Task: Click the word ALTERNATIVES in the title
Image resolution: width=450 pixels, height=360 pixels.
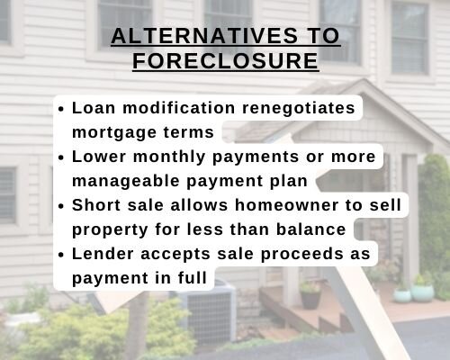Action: pyautogui.click(x=204, y=36)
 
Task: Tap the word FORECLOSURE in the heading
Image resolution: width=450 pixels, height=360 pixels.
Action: pyautogui.click(x=226, y=61)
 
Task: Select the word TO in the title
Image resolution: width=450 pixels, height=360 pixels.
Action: pyautogui.click(x=324, y=36)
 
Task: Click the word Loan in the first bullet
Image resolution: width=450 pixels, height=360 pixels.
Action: pyautogui.click(x=94, y=108)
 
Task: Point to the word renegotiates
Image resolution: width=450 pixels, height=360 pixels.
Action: pyautogui.click(x=299, y=108)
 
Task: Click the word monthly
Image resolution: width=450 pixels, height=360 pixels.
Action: pyautogui.click(x=169, y=157)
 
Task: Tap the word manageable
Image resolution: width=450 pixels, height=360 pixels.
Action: pyautogui.click(x=126, y=182)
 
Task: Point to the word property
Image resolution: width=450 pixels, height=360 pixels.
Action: pyautogui.click(x=110, y=230)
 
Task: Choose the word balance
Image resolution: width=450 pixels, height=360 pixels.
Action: pyautogui.click(x=311, y=229)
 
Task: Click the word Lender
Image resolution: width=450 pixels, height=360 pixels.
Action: pyautogui.click(x=103, y=254)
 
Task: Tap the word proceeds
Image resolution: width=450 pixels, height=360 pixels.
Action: pyautogui.click(x=301, y=255)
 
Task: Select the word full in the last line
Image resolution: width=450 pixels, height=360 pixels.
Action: pyautogui.click(x=193, y=278)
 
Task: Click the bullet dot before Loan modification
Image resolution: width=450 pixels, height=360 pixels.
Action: pyautogui.click(x=61, y=110)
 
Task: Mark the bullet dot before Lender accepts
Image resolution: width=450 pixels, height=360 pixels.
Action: pyautogui.click(x=61, y=256)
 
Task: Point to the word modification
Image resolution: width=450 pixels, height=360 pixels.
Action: pyautogui.click(x=179, y=108)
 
